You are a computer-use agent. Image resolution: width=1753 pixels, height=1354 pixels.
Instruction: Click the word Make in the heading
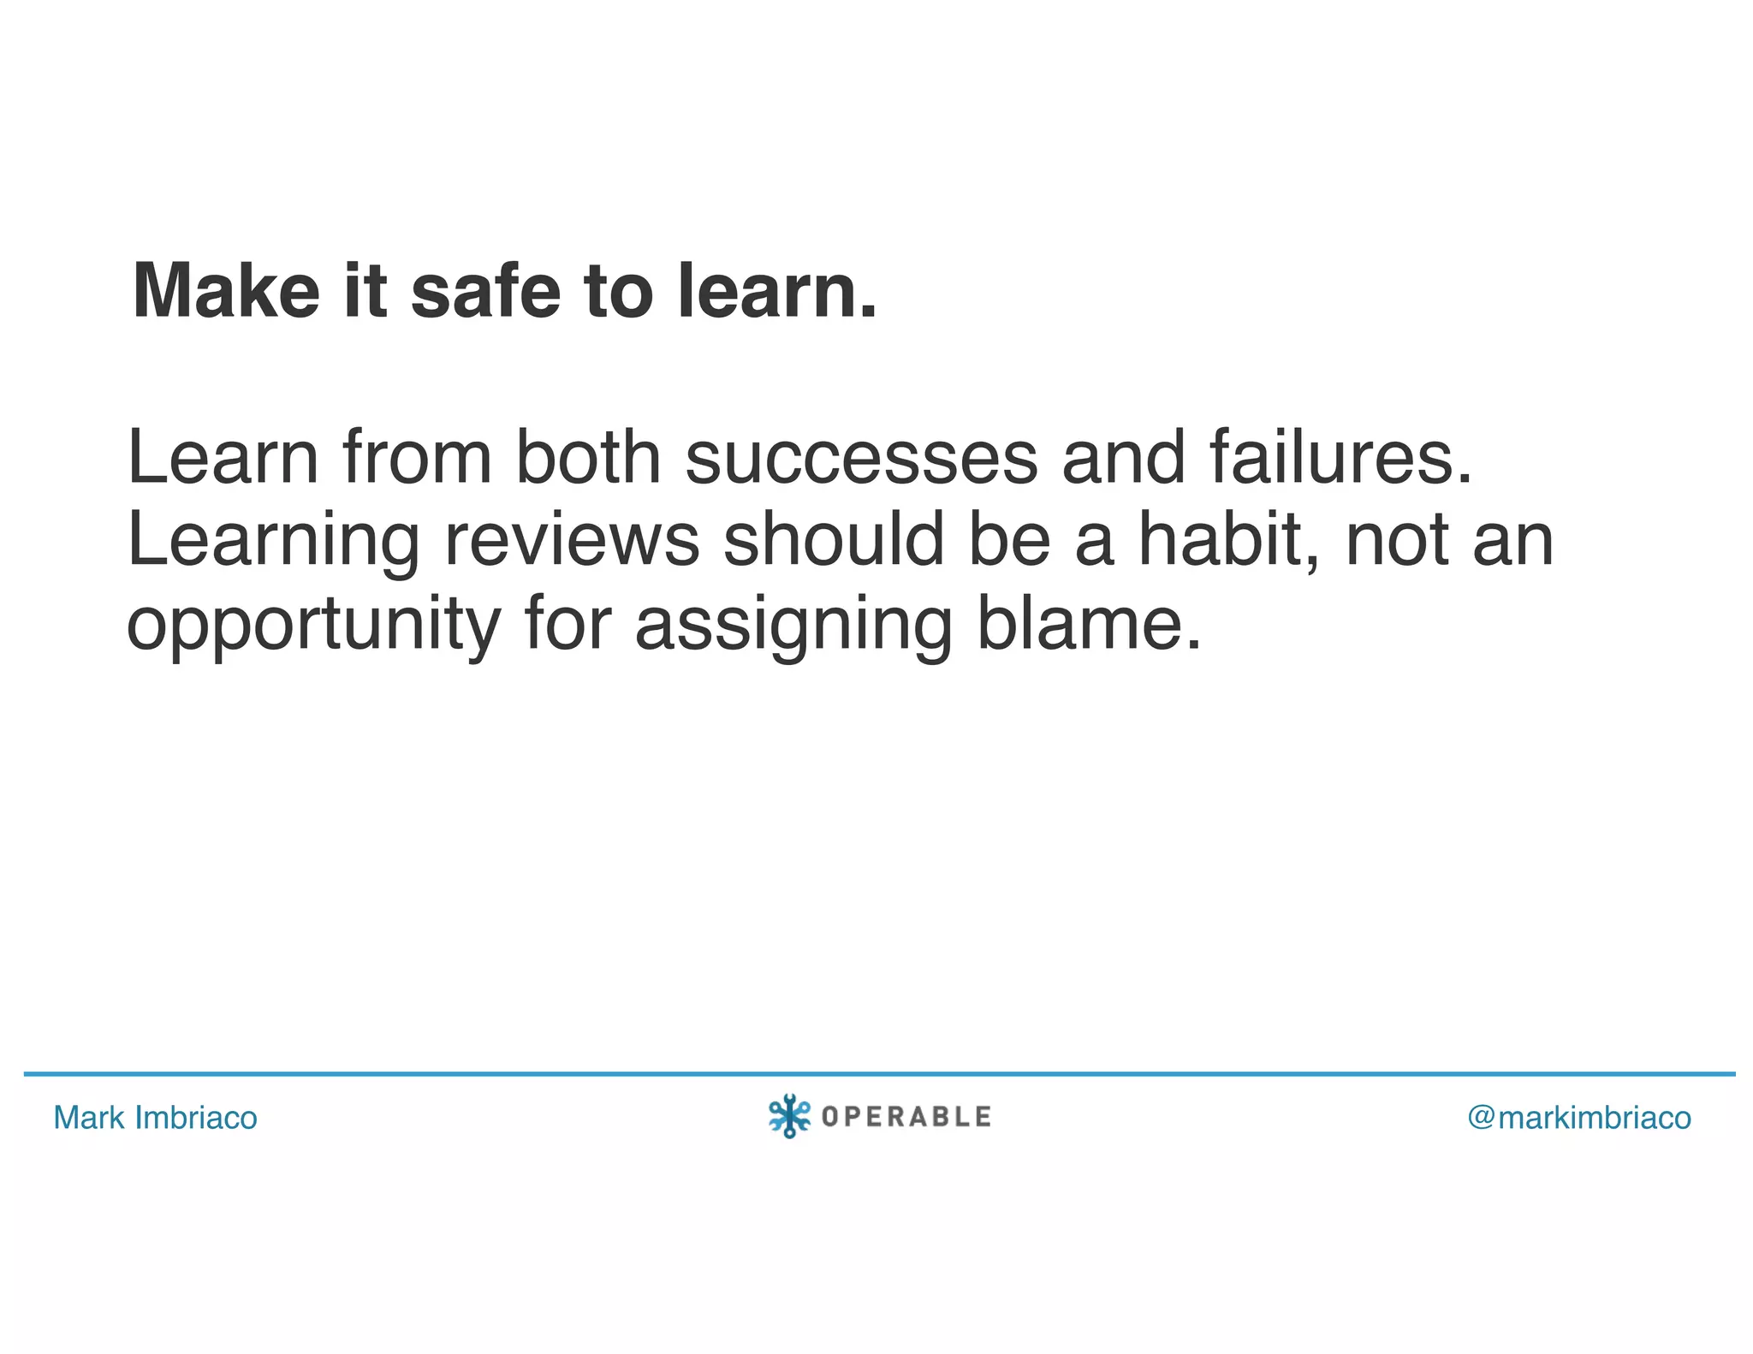226,291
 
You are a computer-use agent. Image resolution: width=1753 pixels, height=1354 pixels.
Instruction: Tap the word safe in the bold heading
485,291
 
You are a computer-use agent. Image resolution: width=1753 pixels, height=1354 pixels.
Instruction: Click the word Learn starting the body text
223,458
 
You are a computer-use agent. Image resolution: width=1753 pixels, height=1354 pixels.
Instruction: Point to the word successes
861,458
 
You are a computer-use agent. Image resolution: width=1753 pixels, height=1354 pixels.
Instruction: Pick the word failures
1341,458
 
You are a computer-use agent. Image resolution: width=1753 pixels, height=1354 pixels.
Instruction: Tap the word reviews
572,541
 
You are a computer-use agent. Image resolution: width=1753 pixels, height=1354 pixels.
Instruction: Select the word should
834,541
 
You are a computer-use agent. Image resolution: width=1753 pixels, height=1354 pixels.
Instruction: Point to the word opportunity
313,625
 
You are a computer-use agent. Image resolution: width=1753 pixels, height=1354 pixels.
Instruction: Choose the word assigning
793,625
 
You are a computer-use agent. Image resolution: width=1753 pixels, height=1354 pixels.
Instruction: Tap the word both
588,458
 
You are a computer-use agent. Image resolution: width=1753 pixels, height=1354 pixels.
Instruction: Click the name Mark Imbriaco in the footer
155,1118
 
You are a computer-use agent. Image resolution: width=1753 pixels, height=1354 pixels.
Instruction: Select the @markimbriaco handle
1579,1118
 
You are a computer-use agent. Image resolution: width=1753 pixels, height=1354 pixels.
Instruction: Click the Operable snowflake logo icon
788,1116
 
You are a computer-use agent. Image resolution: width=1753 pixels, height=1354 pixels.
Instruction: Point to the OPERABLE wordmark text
906,1117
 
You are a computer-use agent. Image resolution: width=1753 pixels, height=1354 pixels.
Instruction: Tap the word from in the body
418,458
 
